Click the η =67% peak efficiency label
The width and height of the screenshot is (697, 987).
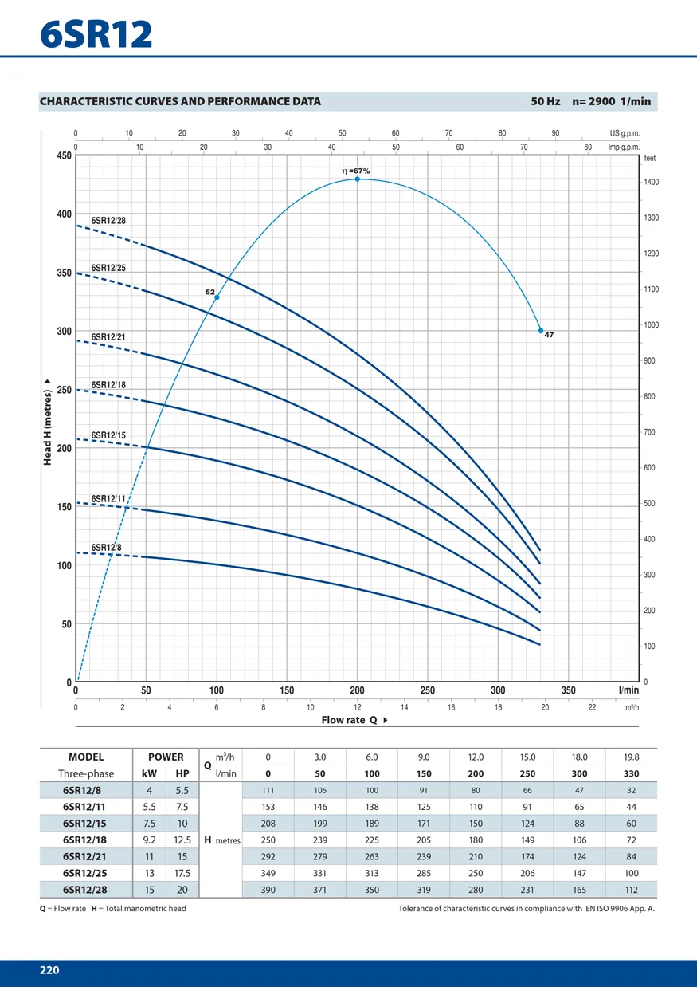pos(355,171)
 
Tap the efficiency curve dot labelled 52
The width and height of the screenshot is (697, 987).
pos(217,297)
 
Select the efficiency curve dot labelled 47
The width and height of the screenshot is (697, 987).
pos(541,330)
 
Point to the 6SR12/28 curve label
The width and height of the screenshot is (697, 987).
pos(108,219)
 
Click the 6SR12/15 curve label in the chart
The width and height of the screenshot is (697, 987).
pos(108,435)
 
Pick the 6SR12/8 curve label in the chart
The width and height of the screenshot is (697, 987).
pos(106,548)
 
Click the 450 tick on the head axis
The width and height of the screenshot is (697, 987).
pos(63,156)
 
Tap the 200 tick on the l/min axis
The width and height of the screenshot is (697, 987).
pos(357,690)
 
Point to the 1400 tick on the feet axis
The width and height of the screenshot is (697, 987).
pos(652,183)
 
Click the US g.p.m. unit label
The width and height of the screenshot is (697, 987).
pos(625,133)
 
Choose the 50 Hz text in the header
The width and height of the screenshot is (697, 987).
pos(546,101)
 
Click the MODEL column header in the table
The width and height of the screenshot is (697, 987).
pos(86,757)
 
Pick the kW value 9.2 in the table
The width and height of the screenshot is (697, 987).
pos(149,840)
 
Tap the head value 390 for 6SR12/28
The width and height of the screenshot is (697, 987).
pos(268,890)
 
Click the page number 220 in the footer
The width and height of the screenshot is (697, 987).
pos(49,970)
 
